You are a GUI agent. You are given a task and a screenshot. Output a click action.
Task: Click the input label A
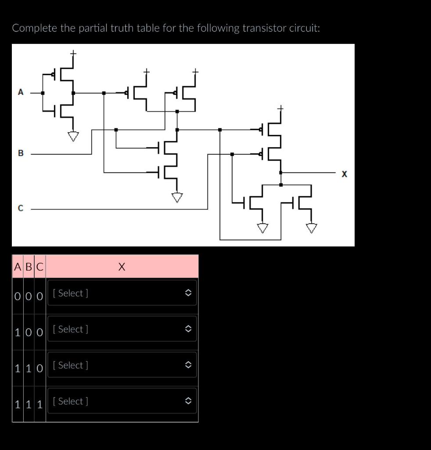[20, 92]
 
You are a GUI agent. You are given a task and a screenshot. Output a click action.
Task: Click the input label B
[20, 153]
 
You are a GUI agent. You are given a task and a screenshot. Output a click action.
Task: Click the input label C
[20, 209]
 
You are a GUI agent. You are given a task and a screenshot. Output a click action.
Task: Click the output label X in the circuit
[344, 174]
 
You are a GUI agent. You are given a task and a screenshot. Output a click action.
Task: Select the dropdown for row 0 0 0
[122, 293]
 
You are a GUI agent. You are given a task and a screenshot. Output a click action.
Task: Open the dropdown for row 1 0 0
[122, 329]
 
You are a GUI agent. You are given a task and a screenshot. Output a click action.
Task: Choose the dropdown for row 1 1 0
[122, 365]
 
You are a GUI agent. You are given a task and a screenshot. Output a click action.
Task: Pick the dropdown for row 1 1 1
[122, 401]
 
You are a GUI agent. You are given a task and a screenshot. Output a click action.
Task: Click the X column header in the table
[122, 267]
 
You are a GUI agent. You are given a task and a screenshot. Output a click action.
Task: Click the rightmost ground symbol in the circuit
[312, 228]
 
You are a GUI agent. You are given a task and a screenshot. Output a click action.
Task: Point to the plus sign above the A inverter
[73, 53]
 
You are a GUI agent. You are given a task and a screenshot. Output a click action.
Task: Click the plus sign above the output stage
[280, 108]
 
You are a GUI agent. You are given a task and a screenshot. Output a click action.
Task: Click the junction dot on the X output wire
[281, 173]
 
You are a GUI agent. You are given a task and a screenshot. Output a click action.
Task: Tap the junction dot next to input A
[43, 93]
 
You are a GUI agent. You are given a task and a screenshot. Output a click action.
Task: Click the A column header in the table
[18, 267]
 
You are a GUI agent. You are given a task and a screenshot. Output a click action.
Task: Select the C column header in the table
[40, 267]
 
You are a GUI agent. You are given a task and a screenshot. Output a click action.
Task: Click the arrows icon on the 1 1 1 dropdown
[187, 401]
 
